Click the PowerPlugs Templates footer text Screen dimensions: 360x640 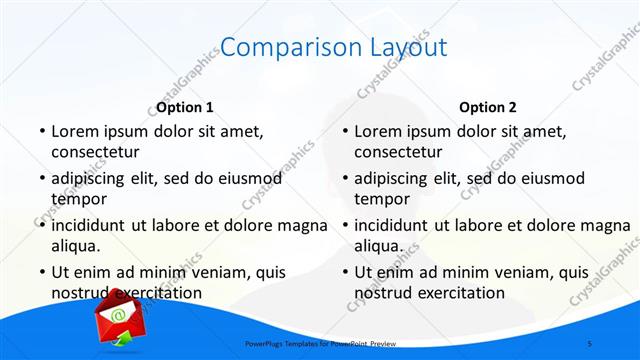(320, 344)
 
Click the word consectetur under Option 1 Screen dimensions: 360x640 (95, 153)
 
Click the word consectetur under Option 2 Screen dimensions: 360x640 (398, 153)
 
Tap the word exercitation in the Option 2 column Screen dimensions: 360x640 (459, 293)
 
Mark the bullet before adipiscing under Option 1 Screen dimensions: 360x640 (41, 178)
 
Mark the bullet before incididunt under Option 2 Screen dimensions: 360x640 (344, 225)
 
